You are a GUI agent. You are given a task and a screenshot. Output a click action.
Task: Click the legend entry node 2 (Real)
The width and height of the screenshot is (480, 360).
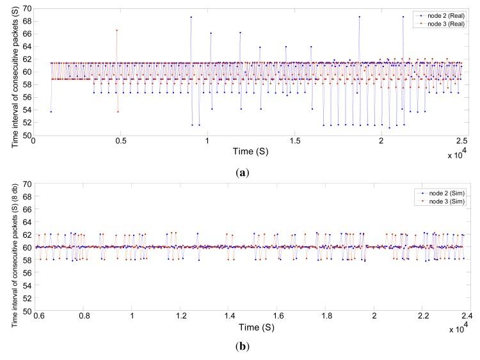(441, 15)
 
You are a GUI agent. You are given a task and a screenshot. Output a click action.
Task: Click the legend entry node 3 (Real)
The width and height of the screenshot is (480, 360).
(441, 22)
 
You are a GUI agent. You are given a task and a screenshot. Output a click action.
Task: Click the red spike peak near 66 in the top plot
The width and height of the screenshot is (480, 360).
(116, 30)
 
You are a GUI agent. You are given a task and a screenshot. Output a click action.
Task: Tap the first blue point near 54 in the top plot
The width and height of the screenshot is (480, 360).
(51, 111)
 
